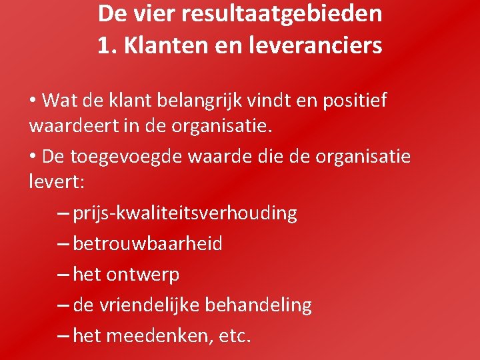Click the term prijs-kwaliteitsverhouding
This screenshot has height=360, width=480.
(x=185, y=213)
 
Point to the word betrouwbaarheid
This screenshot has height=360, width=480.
(x=147, y=244)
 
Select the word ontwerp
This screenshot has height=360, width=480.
(x=142, y=275)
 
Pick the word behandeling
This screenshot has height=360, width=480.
(x=259, y=305)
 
